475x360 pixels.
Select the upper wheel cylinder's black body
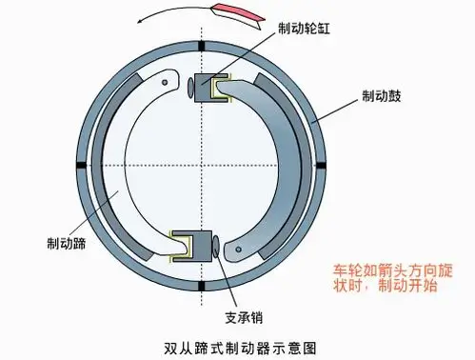(206, 87)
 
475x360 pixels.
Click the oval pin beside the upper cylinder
(189, 88)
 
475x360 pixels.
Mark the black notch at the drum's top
(204, 45)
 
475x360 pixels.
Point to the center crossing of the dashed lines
(204, 167)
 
